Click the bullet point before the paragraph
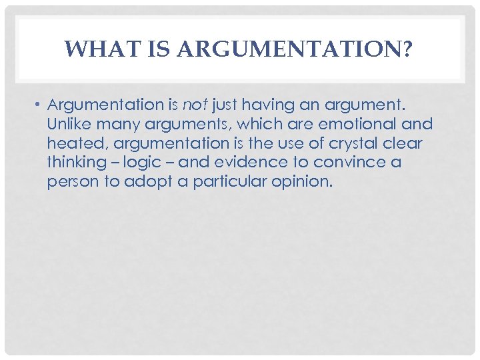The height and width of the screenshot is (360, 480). coord(39,105)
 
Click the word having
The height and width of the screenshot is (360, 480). coord(261,105)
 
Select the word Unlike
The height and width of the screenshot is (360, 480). coord(69,124)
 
